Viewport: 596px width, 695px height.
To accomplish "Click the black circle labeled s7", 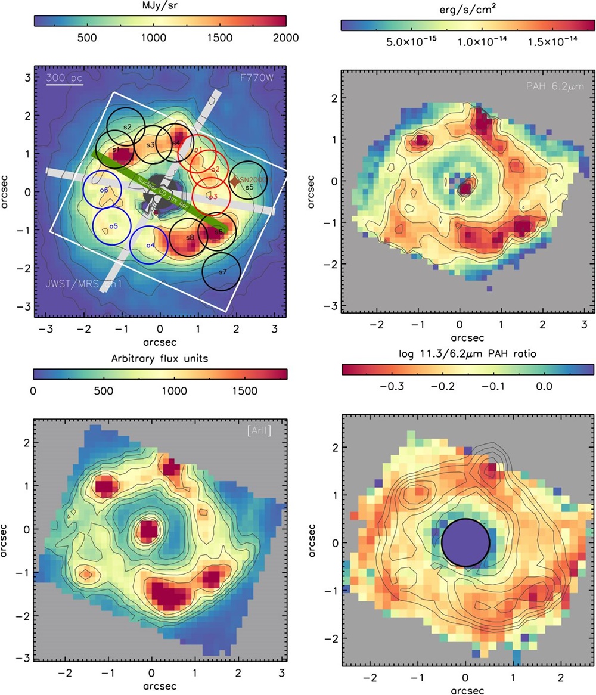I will click(222, 272).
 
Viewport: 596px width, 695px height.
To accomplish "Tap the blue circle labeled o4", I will click(149, 245).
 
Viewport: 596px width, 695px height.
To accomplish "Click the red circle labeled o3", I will click(212, 196).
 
